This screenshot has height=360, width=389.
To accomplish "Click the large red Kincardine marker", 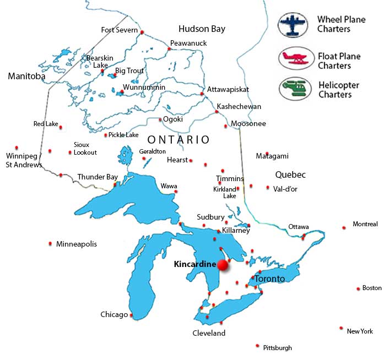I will pyautogui.click(x=223, y=265).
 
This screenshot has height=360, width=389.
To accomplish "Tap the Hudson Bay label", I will pyautogui.click(x=202, y=29).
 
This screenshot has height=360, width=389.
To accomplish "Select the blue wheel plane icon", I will pyautogui.click(x=294, y=24).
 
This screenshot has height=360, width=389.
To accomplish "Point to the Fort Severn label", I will pyautogui.click(x=118, y=30).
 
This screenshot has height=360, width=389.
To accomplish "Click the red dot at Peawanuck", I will pyautogui.click(x=169, y=48).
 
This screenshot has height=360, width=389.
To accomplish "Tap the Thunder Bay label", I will pyautogui.click(x=98, y=177).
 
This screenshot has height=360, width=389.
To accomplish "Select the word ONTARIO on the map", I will pyautogui.click(x=178, y=140).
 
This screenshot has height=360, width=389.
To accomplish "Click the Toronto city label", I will pyautogui.click(x=269, y=279).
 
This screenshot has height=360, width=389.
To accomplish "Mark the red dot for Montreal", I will pyautogui.click(x=344, y=227).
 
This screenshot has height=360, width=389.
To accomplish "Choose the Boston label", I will pyautogui.click(x=372, y=288).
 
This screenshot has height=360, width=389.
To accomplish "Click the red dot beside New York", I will pyautogui.click(x=342, y=328).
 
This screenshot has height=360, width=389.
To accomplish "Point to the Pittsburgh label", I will pyautogui.click(x=277, y=347).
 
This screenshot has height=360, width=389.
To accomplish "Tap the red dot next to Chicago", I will pyautogui.click(x=132, y=315).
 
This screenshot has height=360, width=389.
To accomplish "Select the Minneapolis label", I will pyautogui.click(x=77, y=243).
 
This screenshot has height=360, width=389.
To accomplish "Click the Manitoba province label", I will pyautogui.click(x=26, y=77).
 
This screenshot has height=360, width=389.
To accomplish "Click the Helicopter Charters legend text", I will pyautogui.click(x=338, y=90).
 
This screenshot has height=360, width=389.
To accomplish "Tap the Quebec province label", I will pyautogui.click(x=290, y=174).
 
